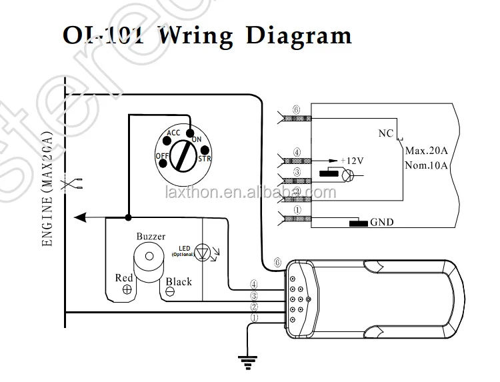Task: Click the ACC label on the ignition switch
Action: pyautogui.click(x=173, y=133)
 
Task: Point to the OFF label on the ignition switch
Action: pyautogui.click(x=162, y=156)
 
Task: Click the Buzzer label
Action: pyautogui.click(x=151, y=236)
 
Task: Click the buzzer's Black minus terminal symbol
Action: pyautogui.click(x=170, y=291)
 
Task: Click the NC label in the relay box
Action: pyautogui.click(x=386, y=133)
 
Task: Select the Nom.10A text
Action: pyautogui.click(x=428, y=165)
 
